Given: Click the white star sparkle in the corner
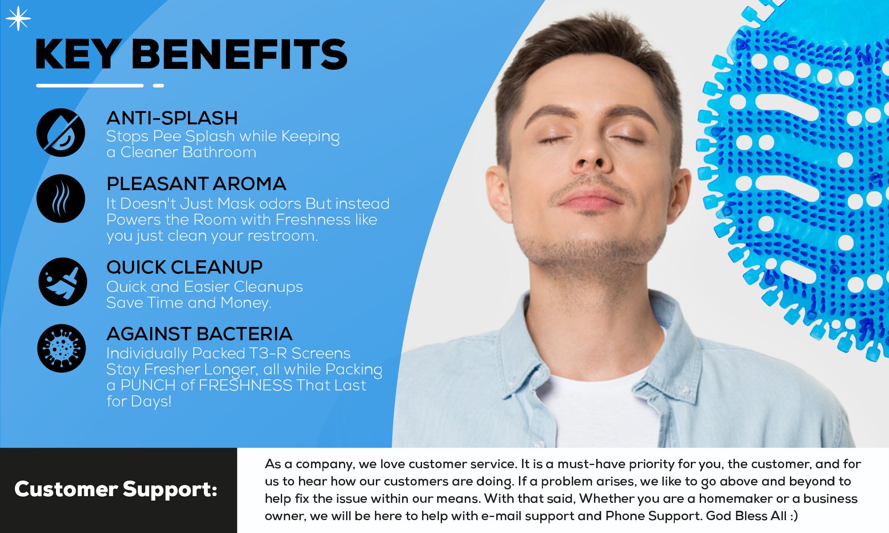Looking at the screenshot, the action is point(18,19).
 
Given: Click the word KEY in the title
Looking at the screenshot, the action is point(77,54).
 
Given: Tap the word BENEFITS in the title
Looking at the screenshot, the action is point(239,54).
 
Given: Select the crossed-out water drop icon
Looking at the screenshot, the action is point(61,132).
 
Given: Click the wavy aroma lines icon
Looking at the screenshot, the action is point(61,199).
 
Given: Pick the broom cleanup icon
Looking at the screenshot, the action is point(63,282).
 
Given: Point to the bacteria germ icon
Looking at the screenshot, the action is point(61,348).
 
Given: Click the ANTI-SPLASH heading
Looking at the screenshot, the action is point(172,118).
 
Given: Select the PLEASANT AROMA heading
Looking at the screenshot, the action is point(196,184).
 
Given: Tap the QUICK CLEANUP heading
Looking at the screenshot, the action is point(184,267).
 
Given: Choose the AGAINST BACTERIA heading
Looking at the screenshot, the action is point(199,334).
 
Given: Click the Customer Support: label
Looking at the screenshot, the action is point(116,489).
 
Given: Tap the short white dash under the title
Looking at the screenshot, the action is point(159,85).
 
